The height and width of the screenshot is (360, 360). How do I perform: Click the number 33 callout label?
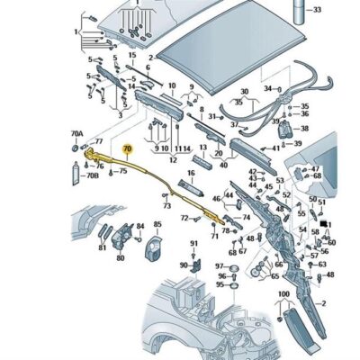point(316,10)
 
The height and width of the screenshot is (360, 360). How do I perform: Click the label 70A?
point(76,133)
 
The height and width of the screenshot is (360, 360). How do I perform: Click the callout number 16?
point(190,173)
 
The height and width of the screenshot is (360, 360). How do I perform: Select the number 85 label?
point(157,225)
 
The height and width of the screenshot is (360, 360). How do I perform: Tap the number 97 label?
point(219,267)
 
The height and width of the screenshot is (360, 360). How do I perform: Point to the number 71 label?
point(214,234)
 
